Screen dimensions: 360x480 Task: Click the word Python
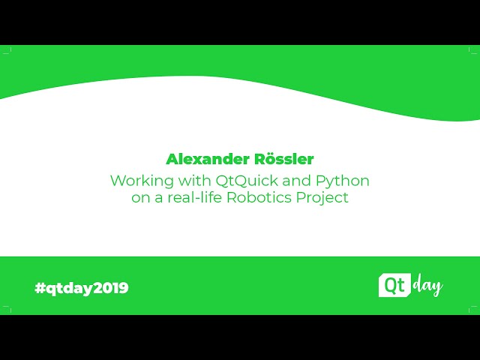click(343, 181)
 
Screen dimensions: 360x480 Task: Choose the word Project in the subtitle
click(325, 199)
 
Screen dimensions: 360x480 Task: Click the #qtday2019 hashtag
click(82, 288)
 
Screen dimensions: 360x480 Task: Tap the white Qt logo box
click(392, 286)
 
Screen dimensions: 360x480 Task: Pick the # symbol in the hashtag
click(40, 288)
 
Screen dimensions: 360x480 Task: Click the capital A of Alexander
click(172, 159)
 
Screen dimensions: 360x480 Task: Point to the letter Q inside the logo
click(388, 285)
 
